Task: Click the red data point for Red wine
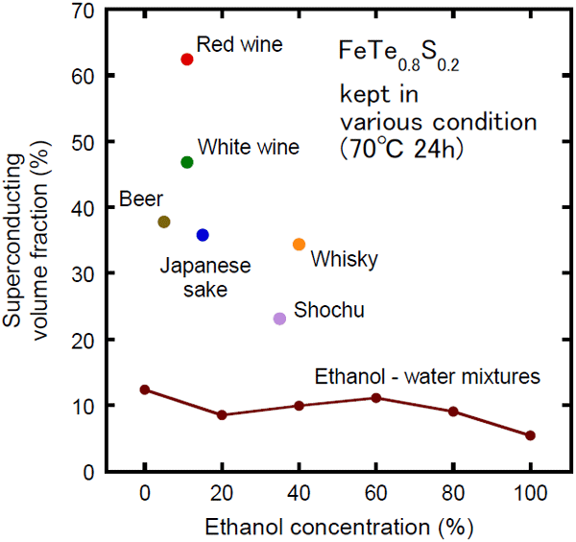click(187, 59)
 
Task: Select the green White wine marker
click(187, 162)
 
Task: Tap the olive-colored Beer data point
click(164, 222)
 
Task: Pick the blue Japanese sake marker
click(203, 235)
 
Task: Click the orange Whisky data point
click(299, 245)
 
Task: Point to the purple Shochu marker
click(279, 318)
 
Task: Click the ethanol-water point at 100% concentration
click(530, 436)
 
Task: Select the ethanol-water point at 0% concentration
click(145, 389)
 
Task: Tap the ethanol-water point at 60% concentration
click(376, 398)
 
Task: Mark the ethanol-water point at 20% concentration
click(222, 415)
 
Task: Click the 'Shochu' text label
click(328, 310)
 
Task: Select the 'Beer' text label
click(139, 200)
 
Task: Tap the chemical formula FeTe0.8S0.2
click(397, 56)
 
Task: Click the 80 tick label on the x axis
click(453, 494)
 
